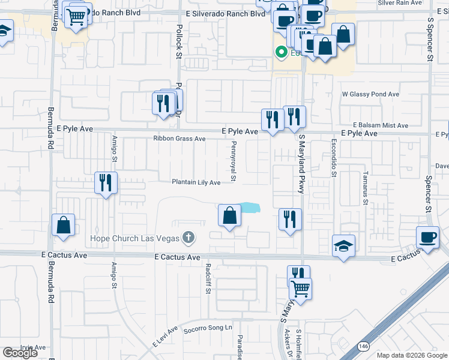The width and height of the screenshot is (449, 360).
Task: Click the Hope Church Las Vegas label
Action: (x=134, y=238)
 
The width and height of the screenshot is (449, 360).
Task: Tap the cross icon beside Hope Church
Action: (x=188, y=238)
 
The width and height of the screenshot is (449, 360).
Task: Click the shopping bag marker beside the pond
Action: (x=229, y=216)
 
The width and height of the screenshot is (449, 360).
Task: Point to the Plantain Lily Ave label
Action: (x=196, y=182)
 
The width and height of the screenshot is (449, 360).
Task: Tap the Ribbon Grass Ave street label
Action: (x=179, y=139)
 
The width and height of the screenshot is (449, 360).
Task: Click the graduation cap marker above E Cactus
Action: (x=344, y=245)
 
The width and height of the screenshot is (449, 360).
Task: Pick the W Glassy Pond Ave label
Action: (x=370, y=94)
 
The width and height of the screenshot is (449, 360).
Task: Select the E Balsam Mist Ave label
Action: (x=381, y=125)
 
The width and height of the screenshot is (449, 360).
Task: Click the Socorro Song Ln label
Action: (x=207, y=328)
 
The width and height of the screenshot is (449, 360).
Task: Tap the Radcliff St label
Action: (x=208, y=275)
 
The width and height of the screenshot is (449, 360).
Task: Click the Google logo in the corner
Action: (x=20, y=353)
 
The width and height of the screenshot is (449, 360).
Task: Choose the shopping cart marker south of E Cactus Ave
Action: (x=300, y=289)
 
